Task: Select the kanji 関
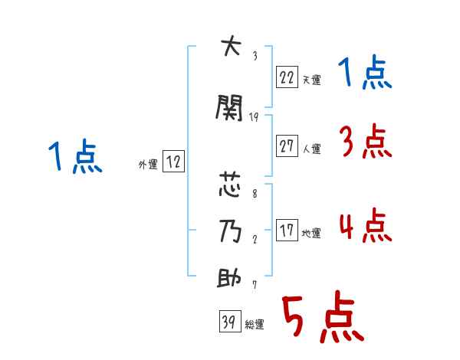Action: [x=230, y=108]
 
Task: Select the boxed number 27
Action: [x=287, y=146]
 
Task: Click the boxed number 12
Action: [x=172, y=162]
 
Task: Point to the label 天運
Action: [x=311, y=79]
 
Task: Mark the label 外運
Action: [x=147, y=164]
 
